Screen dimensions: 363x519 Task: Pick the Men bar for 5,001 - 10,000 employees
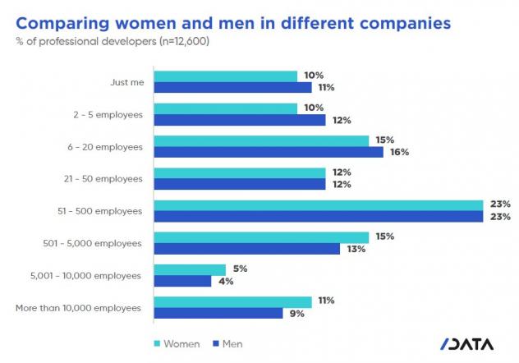[x=182, y=281]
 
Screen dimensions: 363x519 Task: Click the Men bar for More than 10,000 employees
[x=218, y=313]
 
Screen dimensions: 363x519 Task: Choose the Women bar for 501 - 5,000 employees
[x=261, y=237]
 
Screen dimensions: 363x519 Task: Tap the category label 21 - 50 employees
[x=108, y=178]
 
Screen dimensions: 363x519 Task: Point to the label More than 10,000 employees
[x=79, y=307]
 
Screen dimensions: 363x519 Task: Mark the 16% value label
[x=399, y=152]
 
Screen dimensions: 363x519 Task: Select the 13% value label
[x=355, y=249]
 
